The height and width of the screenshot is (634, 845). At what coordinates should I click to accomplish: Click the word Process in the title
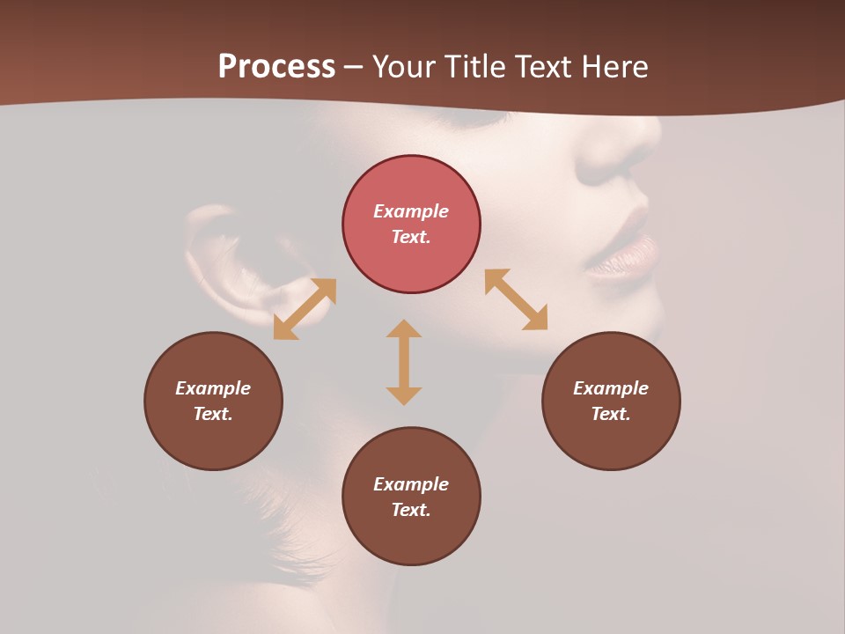tap(276, 66)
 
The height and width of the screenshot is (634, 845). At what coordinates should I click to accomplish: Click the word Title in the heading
tap(476, 66)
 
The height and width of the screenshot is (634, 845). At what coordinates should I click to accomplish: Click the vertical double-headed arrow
tap(404, 362)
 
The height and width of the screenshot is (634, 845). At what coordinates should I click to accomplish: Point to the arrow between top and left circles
tap(305, 309)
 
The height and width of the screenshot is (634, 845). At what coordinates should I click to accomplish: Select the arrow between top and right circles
tap(517, 299)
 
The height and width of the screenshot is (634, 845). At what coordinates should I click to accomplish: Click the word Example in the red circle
tap(411, 211)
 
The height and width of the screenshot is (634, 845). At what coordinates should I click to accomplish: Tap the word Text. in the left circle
tap(213, 414)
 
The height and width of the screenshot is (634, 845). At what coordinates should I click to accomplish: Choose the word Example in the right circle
tap(611, 388)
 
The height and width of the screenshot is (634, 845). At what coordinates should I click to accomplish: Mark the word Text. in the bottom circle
tap(411, 510)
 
